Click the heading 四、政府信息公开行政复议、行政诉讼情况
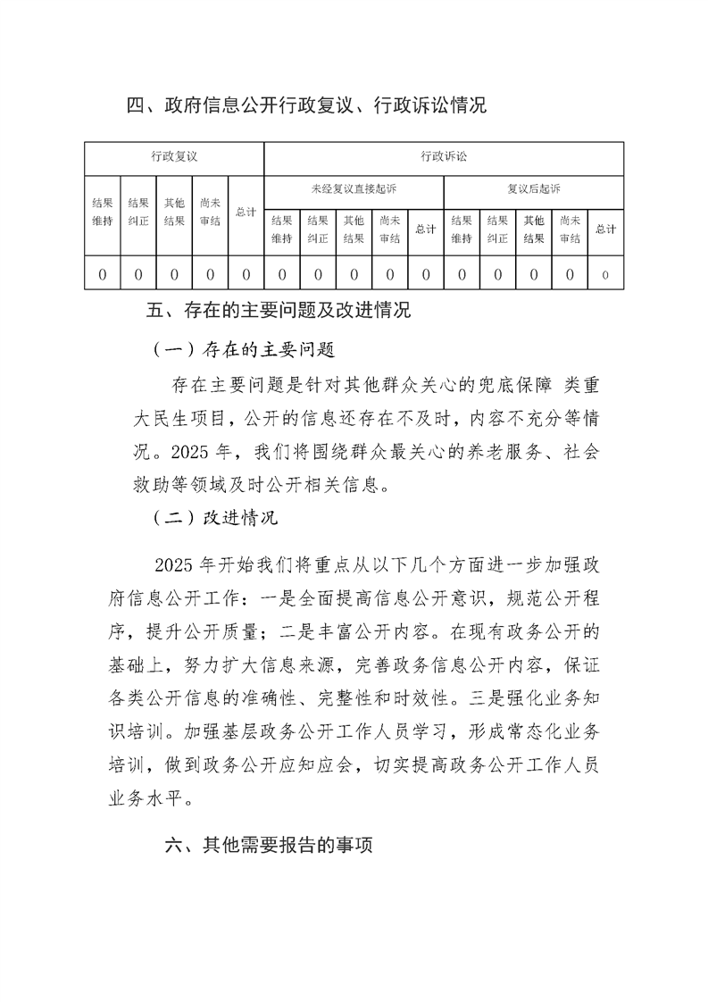306,106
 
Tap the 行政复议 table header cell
174,157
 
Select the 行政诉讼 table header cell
444,157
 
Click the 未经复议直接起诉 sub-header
354,189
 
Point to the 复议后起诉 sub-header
534,189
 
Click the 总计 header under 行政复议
246,213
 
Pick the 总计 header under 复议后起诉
605,229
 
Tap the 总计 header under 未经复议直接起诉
426,229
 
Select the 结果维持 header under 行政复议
103,213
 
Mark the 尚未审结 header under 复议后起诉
570,229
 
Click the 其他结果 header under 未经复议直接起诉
354,229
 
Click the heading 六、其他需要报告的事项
269,846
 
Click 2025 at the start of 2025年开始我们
175,564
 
